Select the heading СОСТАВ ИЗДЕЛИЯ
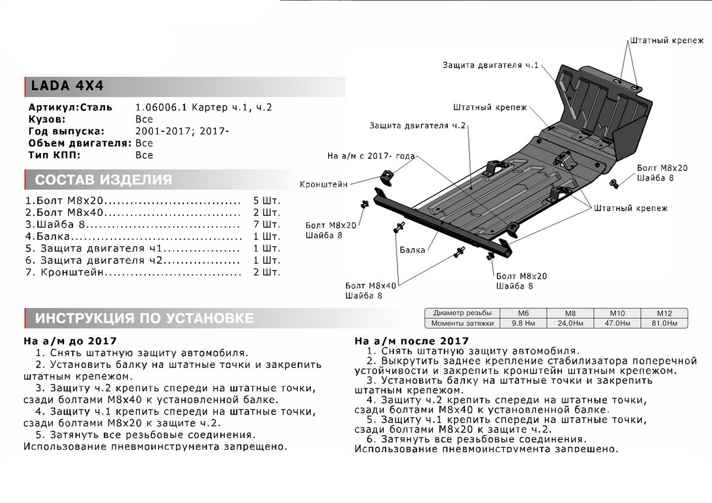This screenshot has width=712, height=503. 103,180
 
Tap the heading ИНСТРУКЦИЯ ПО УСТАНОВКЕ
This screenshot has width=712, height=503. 144,319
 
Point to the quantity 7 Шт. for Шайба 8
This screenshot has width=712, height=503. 266,225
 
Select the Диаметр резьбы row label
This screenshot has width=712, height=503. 462,313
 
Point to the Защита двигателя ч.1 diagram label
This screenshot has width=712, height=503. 490,65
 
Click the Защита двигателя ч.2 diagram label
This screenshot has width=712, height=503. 418,126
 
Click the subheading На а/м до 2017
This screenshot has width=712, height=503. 70,342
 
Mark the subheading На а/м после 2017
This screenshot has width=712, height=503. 411,341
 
